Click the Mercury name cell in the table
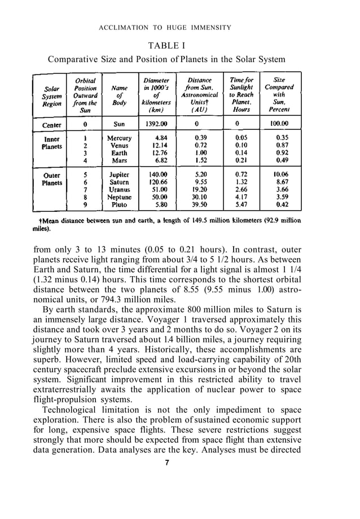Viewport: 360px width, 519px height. (x=119, y=138)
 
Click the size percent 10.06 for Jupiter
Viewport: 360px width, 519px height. (x=278, y=175)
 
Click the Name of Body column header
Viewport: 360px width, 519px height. (x=119, y=96)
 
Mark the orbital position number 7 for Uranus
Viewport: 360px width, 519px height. (x=85, y=190)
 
